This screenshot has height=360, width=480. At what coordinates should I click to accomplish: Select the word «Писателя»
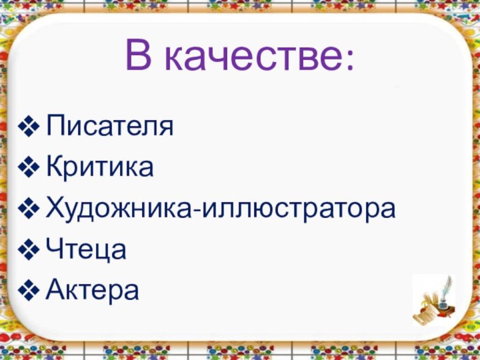tap(110, 127)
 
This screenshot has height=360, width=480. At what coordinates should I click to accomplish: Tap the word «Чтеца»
tap(86, 251)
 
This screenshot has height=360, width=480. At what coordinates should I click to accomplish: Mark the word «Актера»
tap(93, 291)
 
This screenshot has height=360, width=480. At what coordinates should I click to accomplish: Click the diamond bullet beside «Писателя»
tap(31, 127)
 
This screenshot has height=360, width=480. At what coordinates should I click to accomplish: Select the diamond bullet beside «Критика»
tap(31, 168)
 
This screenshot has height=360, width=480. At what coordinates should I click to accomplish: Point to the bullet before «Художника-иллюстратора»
tap(31, 210)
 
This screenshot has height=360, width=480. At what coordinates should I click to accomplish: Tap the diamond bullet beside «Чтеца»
tap(31, 251)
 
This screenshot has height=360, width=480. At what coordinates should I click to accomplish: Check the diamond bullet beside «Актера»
tap(31, 291)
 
